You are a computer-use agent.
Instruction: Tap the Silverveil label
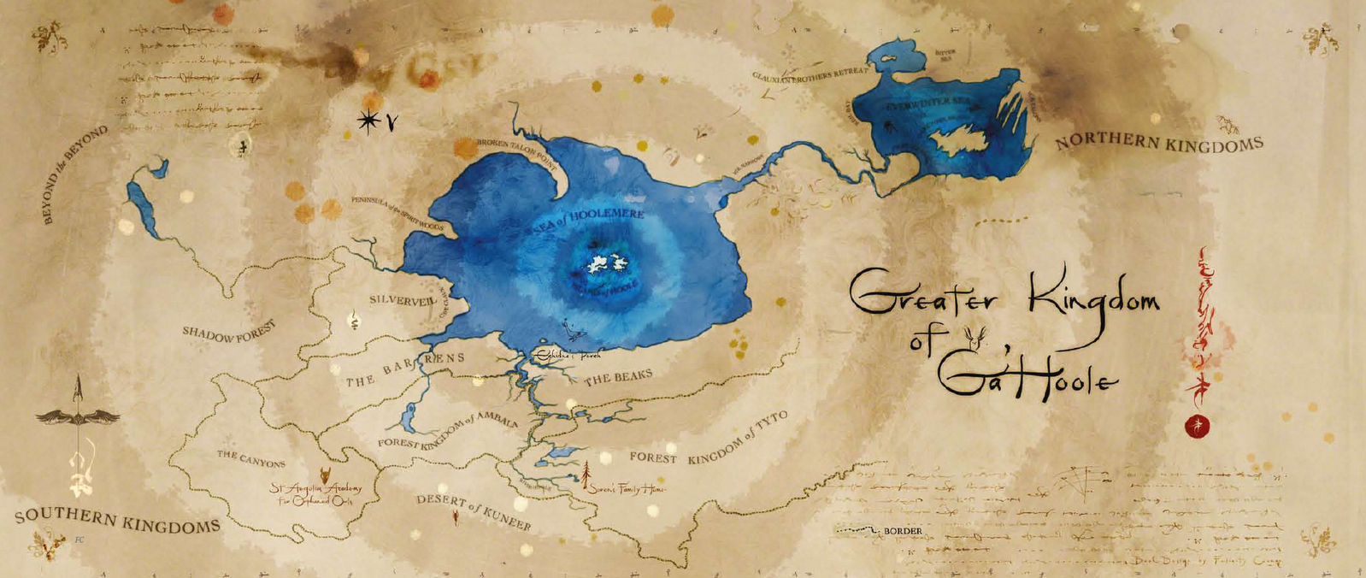(x=403, y=300)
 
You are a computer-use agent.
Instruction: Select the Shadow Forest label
(x=229, y=333)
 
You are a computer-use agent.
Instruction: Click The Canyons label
(x=250, y=459)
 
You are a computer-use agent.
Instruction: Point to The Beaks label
(x=618, y=377)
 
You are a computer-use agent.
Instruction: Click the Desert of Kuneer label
(x=474, y=511)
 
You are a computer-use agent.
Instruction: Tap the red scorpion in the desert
(x=455, y=517)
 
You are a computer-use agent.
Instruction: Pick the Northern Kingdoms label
(x=1158, y=143)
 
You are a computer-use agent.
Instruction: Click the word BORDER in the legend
(x=903, y=531)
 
